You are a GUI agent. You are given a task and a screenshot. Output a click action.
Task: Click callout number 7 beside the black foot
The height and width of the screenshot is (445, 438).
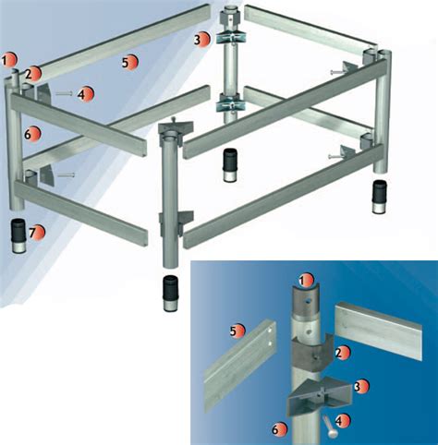37,233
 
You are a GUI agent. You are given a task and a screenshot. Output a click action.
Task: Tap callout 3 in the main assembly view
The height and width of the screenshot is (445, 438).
201,40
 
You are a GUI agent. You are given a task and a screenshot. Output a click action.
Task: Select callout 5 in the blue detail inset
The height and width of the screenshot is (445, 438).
237,331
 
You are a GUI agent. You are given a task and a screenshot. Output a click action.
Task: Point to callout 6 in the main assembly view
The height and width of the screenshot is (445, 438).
32,134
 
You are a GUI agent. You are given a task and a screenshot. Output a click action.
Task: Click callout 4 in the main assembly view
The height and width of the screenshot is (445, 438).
85,94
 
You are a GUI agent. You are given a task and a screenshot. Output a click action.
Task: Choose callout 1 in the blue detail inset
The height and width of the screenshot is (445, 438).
306,281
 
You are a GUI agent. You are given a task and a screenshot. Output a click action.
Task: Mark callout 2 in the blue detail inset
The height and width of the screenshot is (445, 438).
343,354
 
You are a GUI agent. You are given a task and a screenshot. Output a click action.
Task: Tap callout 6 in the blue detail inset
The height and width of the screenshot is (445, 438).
279,429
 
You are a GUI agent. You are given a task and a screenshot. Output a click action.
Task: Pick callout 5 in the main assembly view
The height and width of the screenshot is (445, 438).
129,62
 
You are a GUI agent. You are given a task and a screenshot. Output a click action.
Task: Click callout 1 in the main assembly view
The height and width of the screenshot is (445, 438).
9,60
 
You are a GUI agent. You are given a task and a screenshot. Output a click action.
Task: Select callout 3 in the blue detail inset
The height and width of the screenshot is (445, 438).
361,387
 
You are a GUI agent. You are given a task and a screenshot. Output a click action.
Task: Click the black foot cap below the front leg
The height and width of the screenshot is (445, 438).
171,294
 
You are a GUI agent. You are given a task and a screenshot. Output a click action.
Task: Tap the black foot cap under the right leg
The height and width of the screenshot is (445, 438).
380,197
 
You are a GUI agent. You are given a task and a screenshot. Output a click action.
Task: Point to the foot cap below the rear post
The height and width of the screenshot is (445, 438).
229,166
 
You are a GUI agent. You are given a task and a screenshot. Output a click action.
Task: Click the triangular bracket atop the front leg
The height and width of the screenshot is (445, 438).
176,126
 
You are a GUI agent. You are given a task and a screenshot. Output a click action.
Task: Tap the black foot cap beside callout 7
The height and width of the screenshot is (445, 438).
19,235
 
